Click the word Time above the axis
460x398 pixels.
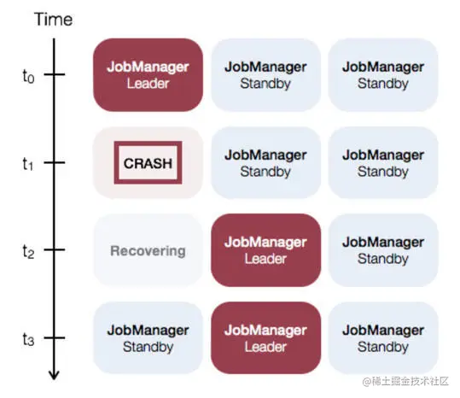(x=54, y=20)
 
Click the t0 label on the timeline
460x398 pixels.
(x=28, y=76)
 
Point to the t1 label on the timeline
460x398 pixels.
(x=28, y=164)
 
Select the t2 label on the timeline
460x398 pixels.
(x=28, y=252)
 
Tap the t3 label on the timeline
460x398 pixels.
(x=28, y=339)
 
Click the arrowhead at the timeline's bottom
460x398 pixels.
(x=54, y=376)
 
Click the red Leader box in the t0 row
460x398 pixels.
(x=148, y=75)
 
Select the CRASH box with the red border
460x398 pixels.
(x=148, y=162)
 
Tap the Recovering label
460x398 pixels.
(x=148, y=251)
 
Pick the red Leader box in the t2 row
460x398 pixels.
(x=265, y=250)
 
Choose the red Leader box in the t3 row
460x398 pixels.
(x=265, y=338)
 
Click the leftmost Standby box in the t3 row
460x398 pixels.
(x=148, y=338)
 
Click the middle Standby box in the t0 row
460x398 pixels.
(x=265, y=75)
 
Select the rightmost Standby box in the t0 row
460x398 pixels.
(x=383, y=75)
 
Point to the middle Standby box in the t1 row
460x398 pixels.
(x=265, y=162)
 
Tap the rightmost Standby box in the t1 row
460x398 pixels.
(x=383, y=162)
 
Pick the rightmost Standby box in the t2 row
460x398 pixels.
(x=383, y=250)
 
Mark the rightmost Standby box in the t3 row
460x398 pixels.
(x=383, y=338)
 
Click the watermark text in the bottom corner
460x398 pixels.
(x=405, y=381)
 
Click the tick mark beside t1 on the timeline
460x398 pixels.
(x=55, y=162)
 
